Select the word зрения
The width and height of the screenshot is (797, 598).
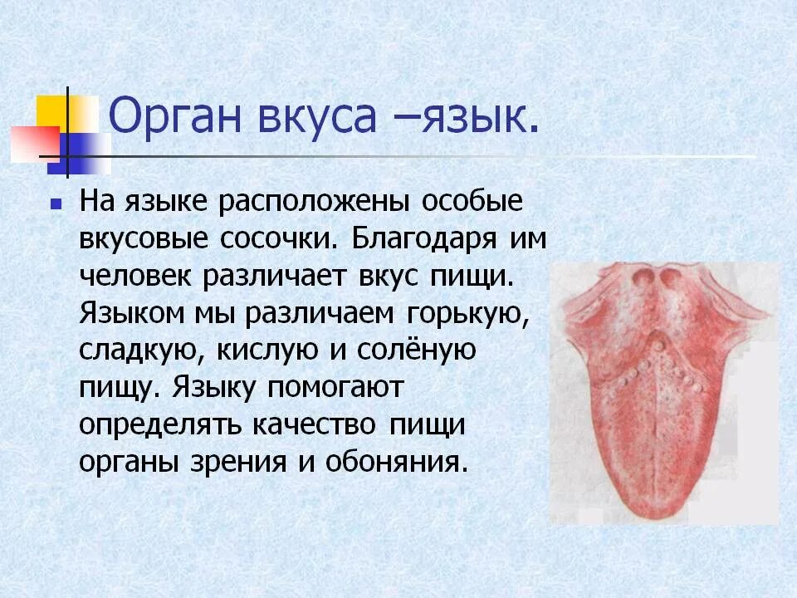pyautogui.click(x=237, y=461)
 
